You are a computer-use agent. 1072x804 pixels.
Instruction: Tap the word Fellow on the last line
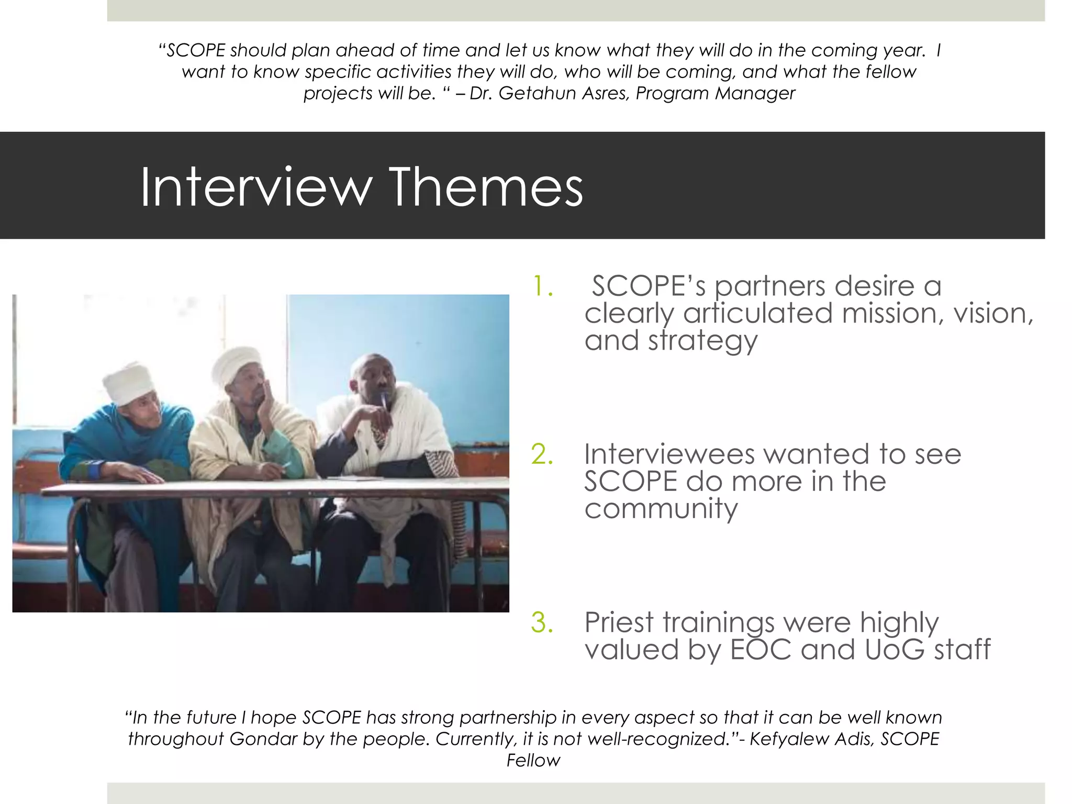click(x=533, y=761)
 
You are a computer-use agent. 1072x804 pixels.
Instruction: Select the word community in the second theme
click(x=661, y=508)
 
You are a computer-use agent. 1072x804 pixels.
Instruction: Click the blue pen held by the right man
click(x=384, y=402)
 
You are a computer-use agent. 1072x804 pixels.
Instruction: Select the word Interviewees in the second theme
click(x=669, y=454)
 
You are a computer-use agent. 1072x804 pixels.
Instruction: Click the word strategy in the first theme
click(x=702, y=341)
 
